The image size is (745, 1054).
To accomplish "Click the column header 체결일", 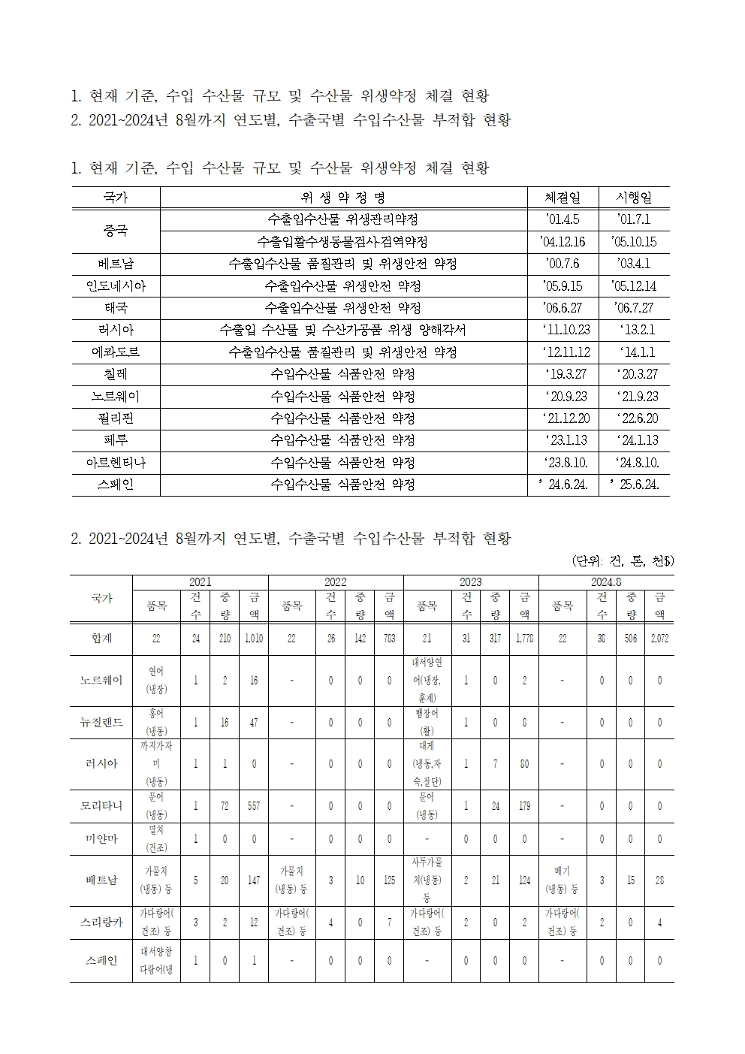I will (563, 198).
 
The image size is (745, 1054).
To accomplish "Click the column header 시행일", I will (634, 198).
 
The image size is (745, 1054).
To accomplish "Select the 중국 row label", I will (116, 231).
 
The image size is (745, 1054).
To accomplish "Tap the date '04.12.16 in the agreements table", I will (563, 242).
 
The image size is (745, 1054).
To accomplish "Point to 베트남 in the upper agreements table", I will (116, 264).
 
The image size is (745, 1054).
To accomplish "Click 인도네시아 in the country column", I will (116, 286).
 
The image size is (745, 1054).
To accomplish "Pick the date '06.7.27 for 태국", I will (634, 308).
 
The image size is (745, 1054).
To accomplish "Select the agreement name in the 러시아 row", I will (342, 330).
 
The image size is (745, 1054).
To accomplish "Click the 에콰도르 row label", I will (116, 352).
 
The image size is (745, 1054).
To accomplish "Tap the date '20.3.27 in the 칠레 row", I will (634, 374).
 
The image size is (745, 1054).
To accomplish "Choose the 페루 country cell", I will (116, 440).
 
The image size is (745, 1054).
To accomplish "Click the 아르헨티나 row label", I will (116, 462).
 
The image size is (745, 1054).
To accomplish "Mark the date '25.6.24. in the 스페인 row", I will (634, 485).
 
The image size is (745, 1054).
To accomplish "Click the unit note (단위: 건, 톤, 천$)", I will (623, 560).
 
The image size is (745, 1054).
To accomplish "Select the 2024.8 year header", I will (605, 582).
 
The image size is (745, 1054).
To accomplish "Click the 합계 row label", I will (101, 639).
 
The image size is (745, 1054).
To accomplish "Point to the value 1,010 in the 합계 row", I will (254, 639).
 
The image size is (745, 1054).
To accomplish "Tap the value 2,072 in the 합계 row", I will (659, 639).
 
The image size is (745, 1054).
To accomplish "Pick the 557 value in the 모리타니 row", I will (254, 806).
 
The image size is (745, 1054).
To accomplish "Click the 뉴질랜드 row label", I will (101, 723).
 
